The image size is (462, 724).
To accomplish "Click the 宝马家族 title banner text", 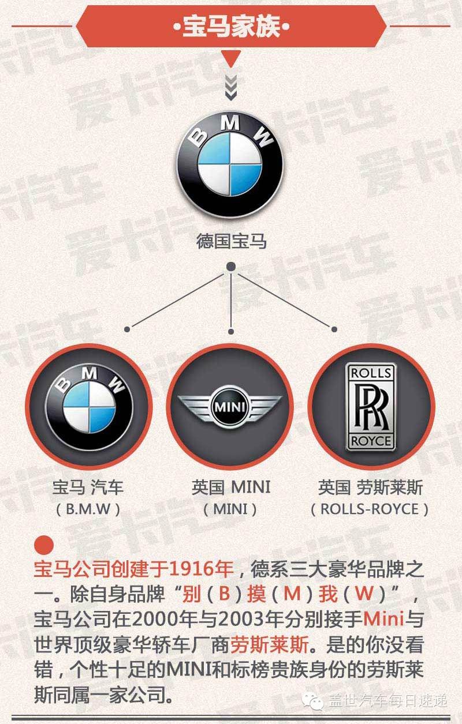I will pos(231,27).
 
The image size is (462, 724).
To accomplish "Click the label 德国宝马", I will pos(231,241).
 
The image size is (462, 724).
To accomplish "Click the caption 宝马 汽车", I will pos(88,488).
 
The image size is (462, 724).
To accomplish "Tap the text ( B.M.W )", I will pos(88,509).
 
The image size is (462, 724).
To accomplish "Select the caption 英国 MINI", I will pos(230,488).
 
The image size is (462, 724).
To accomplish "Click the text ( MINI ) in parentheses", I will pos(230,509).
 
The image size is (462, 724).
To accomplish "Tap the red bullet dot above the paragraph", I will pos(44,545).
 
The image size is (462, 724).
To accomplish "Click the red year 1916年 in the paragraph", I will pos(202,571).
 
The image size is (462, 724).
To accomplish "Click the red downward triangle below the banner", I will pos(231,58).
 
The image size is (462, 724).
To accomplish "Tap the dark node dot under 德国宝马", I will pos(231,267).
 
